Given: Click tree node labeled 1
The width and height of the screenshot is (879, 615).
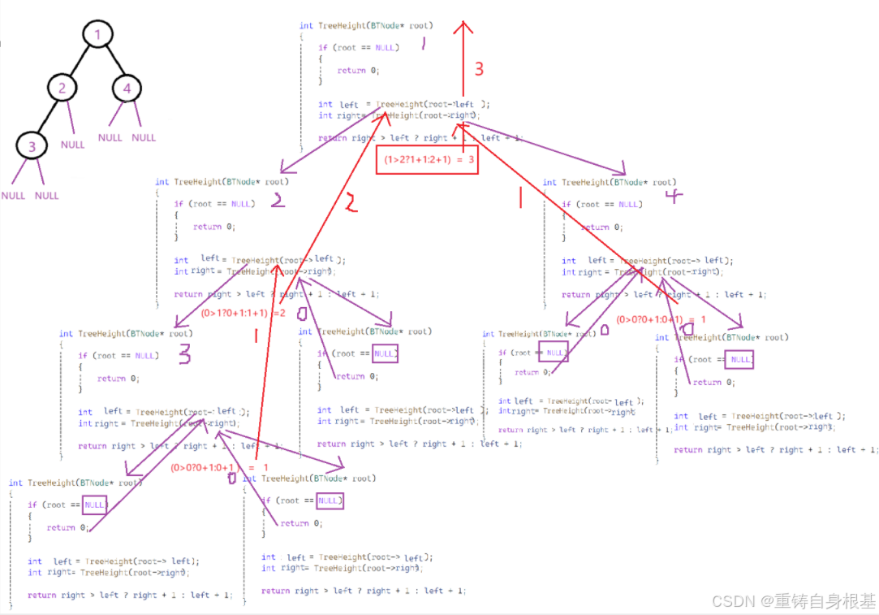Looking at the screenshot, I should (x=98, y=35).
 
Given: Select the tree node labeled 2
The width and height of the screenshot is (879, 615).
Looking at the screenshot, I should (x=62, y=88).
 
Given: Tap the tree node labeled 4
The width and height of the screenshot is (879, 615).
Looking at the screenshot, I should (x=127, y=88).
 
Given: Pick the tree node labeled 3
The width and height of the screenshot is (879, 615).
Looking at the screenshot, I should (x=32, y=146).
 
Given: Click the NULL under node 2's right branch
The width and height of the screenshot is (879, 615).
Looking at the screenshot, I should (x=72, y=145).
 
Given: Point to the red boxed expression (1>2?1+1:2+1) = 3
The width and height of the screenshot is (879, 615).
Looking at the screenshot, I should (x=426, y=160).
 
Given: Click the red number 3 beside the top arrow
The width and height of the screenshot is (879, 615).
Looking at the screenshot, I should (x=479, y=69).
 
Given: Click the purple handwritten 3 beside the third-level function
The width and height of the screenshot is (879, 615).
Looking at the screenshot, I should (x=184, y=353).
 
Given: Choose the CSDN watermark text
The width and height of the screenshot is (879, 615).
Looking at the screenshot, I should (x=793, y=600).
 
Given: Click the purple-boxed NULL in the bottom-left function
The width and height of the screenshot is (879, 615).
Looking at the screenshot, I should (x=95, y=505).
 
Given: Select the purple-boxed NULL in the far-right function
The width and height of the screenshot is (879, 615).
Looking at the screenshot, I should (x=740, y=359).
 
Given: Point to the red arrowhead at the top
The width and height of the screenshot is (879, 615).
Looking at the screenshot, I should (x=463, y=27).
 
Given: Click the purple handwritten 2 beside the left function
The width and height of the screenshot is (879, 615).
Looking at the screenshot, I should (x=278, y=200).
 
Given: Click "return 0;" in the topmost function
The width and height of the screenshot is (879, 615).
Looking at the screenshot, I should (x=358, y=71).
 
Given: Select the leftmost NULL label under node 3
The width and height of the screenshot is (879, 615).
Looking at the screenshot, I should (x=13, y=196).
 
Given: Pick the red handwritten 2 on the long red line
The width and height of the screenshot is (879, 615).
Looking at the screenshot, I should (x=350, y=204).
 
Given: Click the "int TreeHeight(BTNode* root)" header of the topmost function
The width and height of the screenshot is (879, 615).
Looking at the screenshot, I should (x=365, y=26).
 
